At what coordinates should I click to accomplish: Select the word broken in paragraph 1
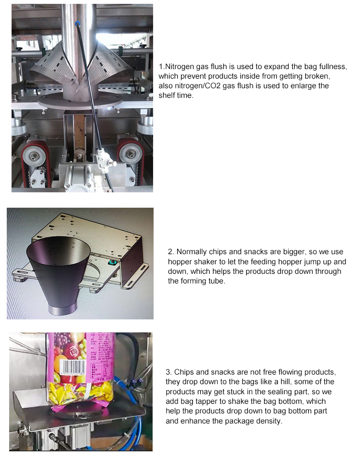tap(314, 76)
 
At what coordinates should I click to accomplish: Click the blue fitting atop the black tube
tap(77, 24)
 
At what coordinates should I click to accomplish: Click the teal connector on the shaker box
tap(112, 262)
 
